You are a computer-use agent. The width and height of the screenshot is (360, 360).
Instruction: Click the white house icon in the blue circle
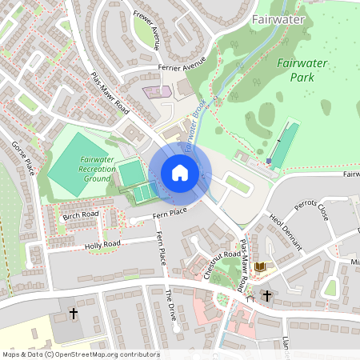(180, 172)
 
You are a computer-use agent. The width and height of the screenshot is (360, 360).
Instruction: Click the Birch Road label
(80, 214)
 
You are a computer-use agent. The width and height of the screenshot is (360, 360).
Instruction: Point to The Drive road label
(169, 305)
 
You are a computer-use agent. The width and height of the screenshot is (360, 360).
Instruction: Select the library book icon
(259, 266)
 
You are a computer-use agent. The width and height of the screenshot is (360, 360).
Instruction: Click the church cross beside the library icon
(267, 296)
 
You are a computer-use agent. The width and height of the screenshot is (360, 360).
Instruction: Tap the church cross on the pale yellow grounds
(74, 313)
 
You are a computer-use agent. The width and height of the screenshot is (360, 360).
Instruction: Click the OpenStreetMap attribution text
(80, 354)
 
